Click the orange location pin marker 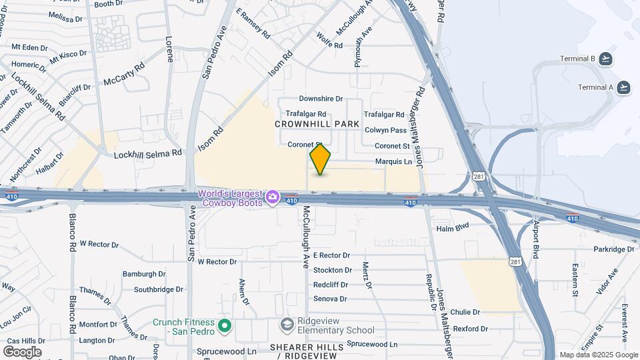click(321, 159)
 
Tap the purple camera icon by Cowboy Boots click(272, 197)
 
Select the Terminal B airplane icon click(605, 59)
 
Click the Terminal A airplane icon click(624, 87)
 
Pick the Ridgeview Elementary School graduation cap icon click(287, 324)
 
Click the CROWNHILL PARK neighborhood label click(317, 124)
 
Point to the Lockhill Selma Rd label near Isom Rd click(147, 154)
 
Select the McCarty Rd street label click(124, 75)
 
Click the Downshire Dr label click(321, 99)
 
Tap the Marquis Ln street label click(393, 161)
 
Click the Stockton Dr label click(332, 270)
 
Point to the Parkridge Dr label click(614, 249)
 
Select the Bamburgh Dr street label click(143, 274)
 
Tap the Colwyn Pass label click(385, 131)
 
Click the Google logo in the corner click(22, 351)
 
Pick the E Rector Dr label click(331, 255)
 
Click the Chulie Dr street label click(465, 312)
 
